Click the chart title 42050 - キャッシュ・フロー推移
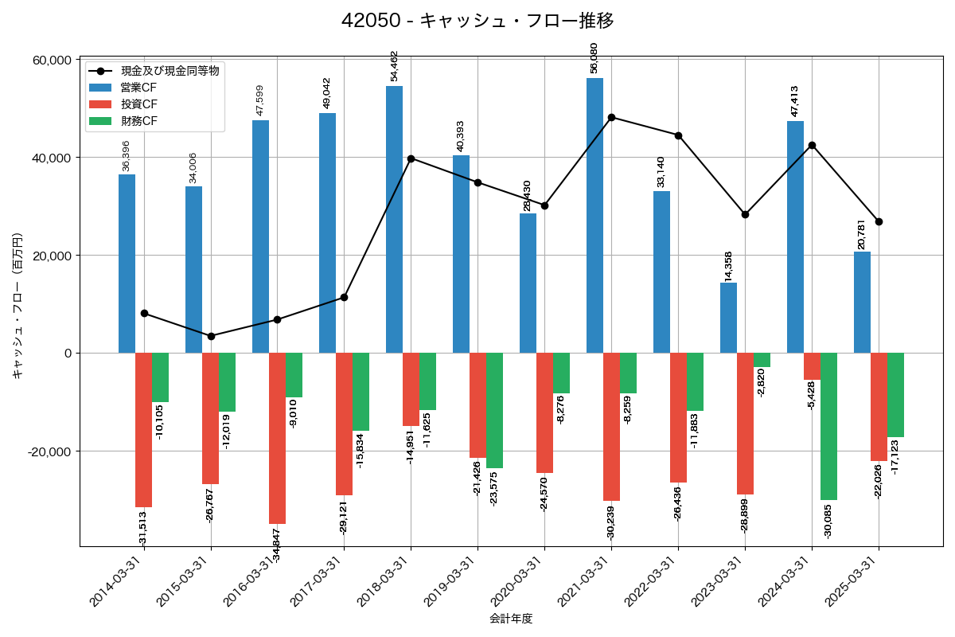(477, 21)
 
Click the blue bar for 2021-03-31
(594, 215)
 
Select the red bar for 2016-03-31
(277, 438)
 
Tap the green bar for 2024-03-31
(828, 426)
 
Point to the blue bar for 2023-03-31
(728, 318)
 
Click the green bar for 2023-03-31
(762, 360)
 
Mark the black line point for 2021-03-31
(611, 117)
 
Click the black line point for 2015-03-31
(211, 336)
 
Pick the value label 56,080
(594, 58)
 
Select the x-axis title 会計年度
(510, 618)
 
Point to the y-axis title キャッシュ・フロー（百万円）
(18, 305)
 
